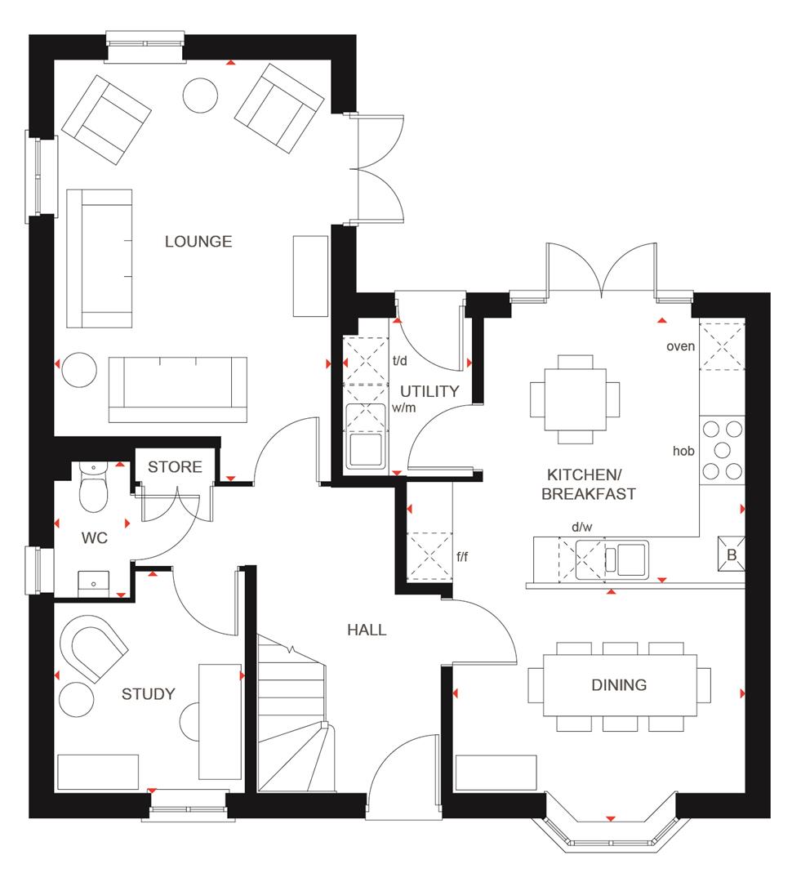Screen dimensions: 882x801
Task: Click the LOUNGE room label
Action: coord(198,242)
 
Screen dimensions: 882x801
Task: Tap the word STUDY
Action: coord(149,694)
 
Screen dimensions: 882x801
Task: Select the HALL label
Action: coord(367,630)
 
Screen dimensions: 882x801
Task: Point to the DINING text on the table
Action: coord(619,685)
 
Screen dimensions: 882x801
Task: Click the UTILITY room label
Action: coord(429,391)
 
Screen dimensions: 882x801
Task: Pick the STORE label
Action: coord(175,467)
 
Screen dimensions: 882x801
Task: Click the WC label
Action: coord(94,538)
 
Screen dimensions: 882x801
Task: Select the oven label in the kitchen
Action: coord(680,346)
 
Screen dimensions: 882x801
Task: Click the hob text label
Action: coord(683,450)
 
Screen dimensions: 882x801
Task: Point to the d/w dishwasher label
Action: coord(582,527)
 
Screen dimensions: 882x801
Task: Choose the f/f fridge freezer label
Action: coord(463,557)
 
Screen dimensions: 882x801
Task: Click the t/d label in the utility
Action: coord(400,359)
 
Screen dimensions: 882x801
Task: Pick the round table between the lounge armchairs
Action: coord(200,96)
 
